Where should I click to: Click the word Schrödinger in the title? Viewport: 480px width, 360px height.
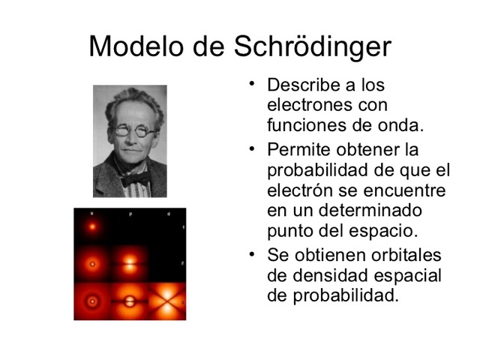pos(313,47)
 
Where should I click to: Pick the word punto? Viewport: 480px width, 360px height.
pos(289,229)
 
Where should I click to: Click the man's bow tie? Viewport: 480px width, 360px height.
pos(135,179)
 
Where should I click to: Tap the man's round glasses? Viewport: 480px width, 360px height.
pos(134,130)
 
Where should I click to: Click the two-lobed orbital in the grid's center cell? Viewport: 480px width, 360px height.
pos(129,264)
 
